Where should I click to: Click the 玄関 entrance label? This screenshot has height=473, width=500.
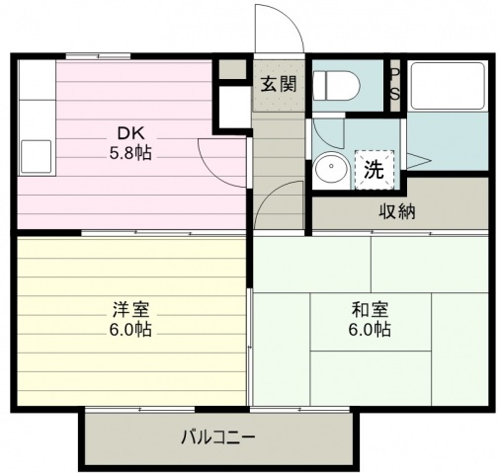click(x=279, y=84)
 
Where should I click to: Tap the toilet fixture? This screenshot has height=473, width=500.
click(x=336, y=86)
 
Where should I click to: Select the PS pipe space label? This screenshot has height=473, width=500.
click(x=394, y=85)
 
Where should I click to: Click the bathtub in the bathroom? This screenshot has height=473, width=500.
click(x=448, y=86)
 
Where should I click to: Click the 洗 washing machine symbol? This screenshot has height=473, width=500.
click(x=375, y=170)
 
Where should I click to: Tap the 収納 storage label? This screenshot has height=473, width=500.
click(x=397, y=211)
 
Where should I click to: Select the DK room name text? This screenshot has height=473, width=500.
click(x=130, y=133)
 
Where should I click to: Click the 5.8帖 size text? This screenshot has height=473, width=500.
click(x=130, y=153)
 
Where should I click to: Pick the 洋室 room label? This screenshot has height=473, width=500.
click(x=130, y=309)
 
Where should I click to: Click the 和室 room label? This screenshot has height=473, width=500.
click(x=370, y=309)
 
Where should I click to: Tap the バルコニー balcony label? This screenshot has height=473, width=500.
click(x=218, y=437)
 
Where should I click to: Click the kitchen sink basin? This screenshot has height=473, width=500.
click(x=37, y=157)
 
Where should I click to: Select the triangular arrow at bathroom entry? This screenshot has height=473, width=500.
click(x=419, y=161)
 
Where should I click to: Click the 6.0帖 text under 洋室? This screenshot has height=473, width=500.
click(x=130, y=329)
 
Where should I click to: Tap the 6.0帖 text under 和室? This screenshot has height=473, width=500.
click(x=370, y=329)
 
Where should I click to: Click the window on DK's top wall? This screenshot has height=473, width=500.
click(x=98, y=56)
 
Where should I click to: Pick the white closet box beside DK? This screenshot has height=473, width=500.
click(x=233, y=107)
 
